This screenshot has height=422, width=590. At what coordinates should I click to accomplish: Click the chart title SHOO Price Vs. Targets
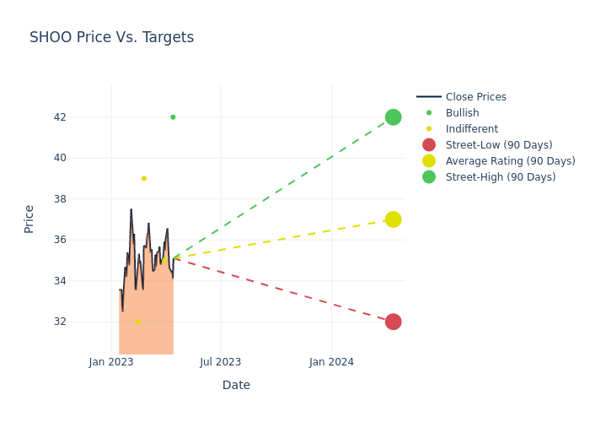[x=111, y=37]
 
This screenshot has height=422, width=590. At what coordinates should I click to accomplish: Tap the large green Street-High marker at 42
[x=393, y=117]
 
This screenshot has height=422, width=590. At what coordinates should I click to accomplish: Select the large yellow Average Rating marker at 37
[x=393, y=219]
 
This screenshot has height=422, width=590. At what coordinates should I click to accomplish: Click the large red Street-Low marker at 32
[x=393, y=322]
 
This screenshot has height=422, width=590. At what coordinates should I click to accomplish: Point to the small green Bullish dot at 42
[x=173, y=117]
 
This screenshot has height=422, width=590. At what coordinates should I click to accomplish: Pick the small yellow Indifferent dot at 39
[x=144, y=178]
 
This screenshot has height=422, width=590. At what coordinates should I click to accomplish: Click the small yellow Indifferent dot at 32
[x=138, y=322]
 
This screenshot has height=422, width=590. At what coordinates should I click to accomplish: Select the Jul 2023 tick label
[x=221, y=362]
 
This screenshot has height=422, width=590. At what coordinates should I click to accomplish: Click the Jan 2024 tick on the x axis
[x=331, y=362]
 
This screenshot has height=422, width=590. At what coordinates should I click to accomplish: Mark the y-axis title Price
[x=29, y=219]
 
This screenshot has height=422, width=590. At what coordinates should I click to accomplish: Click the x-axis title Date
[x=236, y=385]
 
